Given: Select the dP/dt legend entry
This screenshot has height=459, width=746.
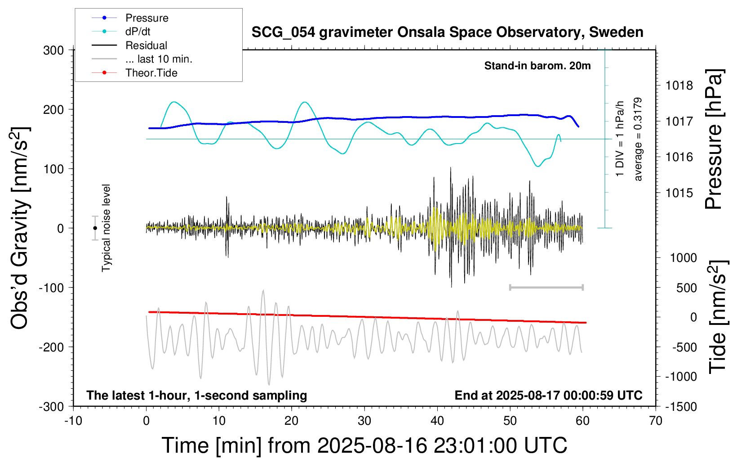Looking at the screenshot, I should (138, 31).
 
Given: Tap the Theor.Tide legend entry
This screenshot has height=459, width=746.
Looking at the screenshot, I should (151, 73).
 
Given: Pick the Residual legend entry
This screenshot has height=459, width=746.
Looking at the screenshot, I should (146, 45).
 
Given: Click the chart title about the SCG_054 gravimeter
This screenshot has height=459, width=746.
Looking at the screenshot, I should (447, 32).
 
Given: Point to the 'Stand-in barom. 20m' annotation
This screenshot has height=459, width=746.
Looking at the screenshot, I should (537, 66).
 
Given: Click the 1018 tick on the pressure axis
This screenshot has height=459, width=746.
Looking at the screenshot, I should (679, 85).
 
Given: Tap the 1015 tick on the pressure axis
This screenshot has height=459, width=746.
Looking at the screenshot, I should (679, 193).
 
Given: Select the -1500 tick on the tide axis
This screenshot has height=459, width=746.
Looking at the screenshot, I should (681, 407).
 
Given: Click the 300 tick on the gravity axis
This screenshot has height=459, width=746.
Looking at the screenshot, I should (53, 50).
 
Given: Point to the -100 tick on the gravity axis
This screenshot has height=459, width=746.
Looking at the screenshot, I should (51, 288).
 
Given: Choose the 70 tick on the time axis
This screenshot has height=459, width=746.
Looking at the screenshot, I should (656, 421).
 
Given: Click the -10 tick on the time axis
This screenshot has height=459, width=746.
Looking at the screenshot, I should (73, 421).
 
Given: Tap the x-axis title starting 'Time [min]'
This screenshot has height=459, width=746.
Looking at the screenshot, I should (364, 445).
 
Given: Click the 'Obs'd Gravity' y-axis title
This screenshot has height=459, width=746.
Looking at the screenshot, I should (20, 228).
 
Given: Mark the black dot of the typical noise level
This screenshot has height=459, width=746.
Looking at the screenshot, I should (95, 228).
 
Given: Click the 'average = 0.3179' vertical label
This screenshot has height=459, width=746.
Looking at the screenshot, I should (638, 139).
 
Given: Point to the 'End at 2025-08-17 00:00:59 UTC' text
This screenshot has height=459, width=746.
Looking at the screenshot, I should (548, 396).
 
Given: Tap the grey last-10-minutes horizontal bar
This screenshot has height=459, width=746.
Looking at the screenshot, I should (546, 287).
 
